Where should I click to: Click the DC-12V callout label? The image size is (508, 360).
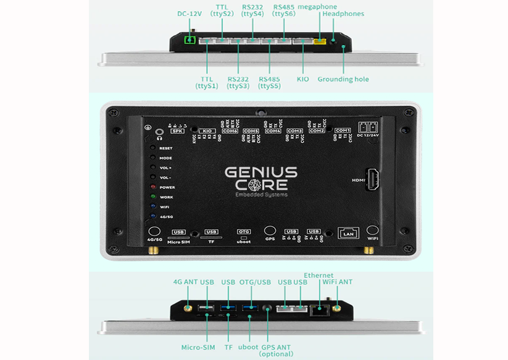pos(189,14)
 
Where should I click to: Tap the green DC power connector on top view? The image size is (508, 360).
pos(190,40)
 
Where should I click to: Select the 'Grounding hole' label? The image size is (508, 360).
pos(343,79)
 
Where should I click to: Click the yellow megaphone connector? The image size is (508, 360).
pos(320,42)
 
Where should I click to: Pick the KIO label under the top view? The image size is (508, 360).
pos(302,79)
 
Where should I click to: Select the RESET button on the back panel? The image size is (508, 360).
pos(152,148)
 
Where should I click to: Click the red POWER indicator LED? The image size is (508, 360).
pos(152,187)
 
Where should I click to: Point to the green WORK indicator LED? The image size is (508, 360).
pos(152,197)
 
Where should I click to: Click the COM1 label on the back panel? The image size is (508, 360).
pos(342,130)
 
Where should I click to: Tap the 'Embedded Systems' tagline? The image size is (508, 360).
pos(261,195)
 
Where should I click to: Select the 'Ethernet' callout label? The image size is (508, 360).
pos(319,275)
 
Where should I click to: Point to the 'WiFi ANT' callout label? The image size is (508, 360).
pos(338,282)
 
